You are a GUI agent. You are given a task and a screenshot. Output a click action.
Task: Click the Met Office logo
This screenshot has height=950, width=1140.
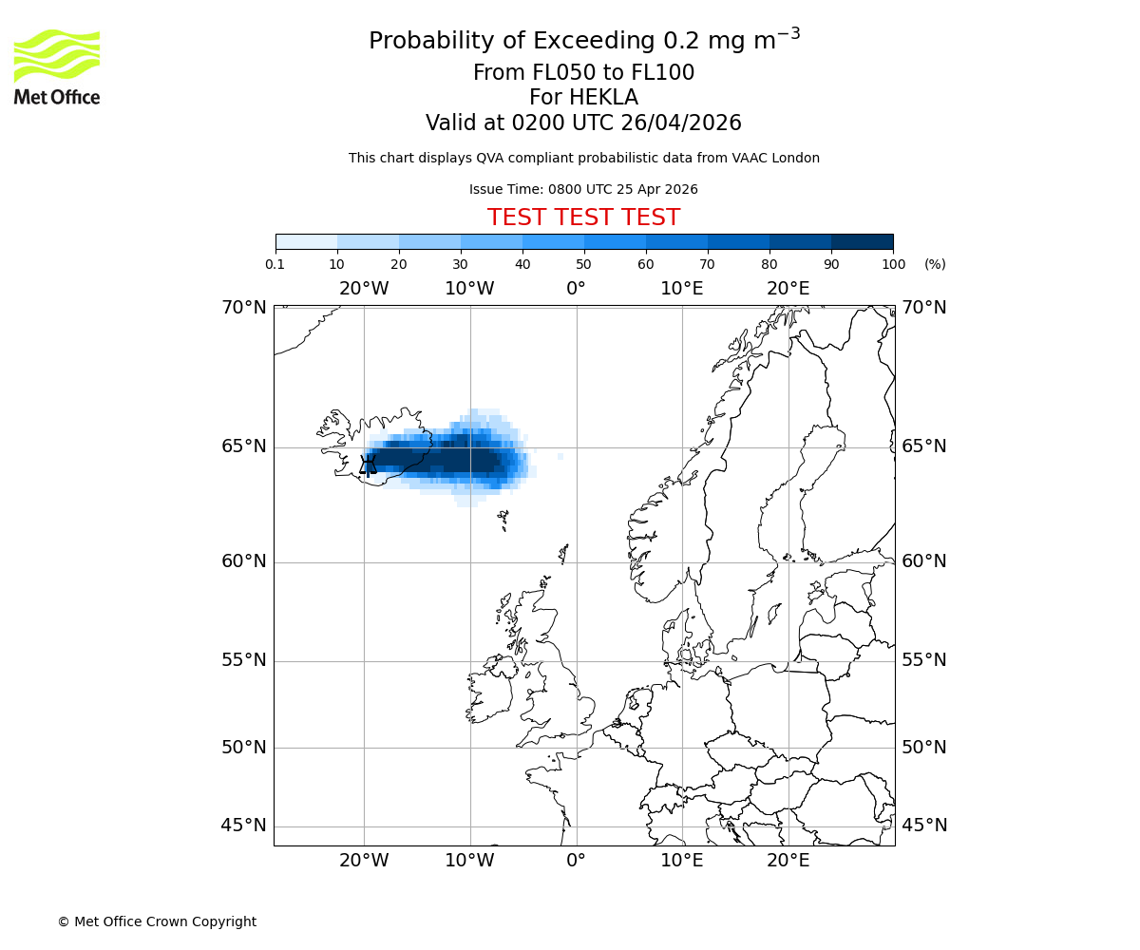57,66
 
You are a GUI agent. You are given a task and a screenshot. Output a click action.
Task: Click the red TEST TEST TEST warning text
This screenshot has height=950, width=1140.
583,218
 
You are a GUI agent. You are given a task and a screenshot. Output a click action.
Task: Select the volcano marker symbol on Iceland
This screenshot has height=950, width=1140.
369,464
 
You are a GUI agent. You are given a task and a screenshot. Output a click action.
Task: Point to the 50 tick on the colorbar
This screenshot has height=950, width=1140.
584,264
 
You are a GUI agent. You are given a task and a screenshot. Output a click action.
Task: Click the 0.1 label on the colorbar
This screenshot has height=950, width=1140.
275,264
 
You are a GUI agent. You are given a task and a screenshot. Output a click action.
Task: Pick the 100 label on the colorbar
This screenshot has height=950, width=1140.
893,264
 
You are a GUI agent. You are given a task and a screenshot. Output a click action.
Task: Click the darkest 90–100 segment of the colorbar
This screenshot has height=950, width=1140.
862,241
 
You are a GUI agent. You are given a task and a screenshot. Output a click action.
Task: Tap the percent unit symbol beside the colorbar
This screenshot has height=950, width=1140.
935,264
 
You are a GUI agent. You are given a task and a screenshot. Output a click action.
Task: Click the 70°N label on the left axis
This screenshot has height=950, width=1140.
244,307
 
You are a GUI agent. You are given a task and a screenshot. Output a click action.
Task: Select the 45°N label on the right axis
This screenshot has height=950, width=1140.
923,825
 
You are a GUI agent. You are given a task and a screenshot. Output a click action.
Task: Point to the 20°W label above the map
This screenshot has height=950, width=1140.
364,289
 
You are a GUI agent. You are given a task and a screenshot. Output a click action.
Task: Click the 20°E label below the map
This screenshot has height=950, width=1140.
788,861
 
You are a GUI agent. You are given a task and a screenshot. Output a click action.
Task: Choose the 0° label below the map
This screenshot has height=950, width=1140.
576,861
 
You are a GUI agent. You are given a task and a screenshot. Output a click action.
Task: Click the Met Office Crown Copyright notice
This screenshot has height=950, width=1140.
157,921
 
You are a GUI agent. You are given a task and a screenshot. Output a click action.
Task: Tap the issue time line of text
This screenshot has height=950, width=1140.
583,189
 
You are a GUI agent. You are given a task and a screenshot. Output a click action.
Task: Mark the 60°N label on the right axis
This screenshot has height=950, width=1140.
923,560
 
